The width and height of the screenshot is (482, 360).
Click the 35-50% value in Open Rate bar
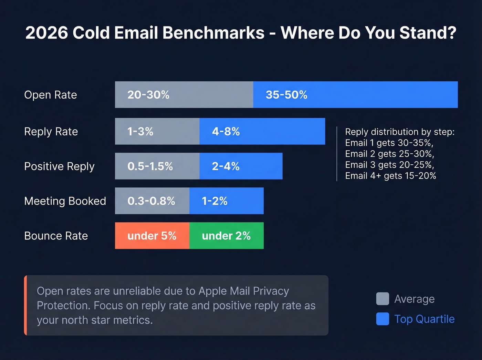coord(286,95)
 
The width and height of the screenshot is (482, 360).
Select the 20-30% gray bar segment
coord(184,95)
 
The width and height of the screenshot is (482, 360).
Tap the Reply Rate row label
coord(51,132)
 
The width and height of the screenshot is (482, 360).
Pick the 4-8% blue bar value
coord(226,132)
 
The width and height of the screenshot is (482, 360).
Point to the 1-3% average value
coord(140,132)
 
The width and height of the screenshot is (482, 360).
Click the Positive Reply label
coord(59,166)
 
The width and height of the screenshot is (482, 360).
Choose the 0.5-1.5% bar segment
coord(157,166)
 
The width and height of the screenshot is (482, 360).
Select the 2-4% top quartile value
coord(226,166)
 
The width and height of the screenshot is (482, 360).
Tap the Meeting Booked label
coord(65,201)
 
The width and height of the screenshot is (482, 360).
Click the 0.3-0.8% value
coord(151,201)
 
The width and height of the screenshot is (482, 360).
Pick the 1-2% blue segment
coord(226,201)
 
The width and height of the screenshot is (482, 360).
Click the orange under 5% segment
coord(152,236)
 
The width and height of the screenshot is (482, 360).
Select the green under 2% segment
coord(226,236)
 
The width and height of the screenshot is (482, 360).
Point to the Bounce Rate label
coord(56,236)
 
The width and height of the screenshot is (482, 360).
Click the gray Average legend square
coord(383,299)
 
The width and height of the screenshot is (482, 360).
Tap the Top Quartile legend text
coord(424,319)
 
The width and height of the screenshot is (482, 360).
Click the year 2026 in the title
coord(47,33)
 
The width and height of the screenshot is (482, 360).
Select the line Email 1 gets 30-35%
coord(389,143)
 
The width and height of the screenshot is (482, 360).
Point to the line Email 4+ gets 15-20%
coord(390,176)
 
